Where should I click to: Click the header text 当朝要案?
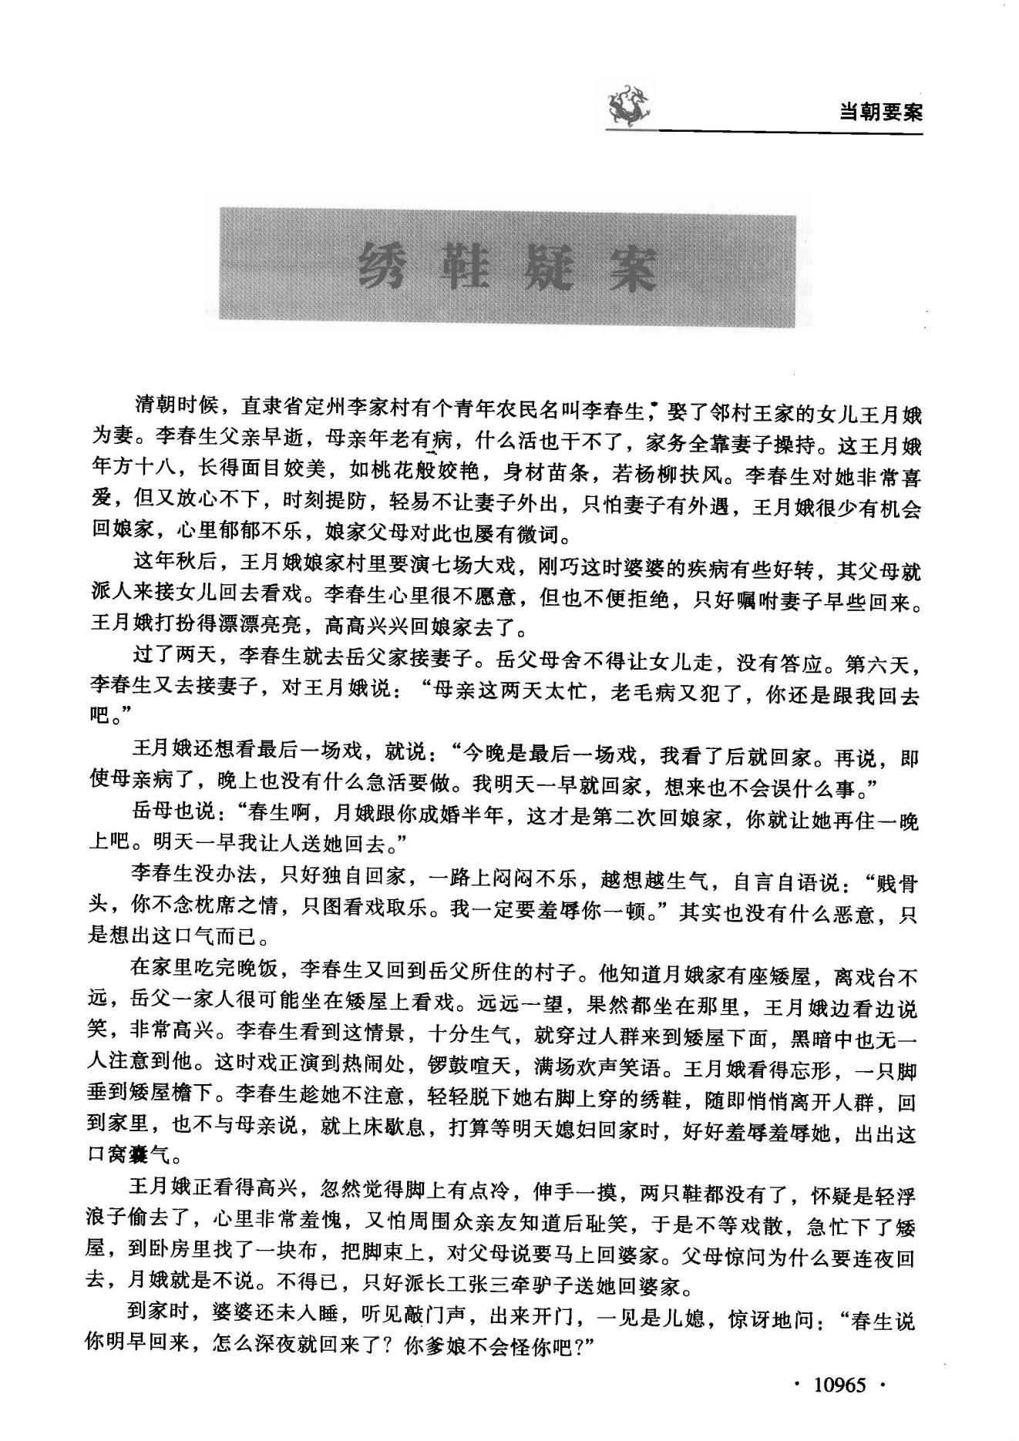(880, 113)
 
